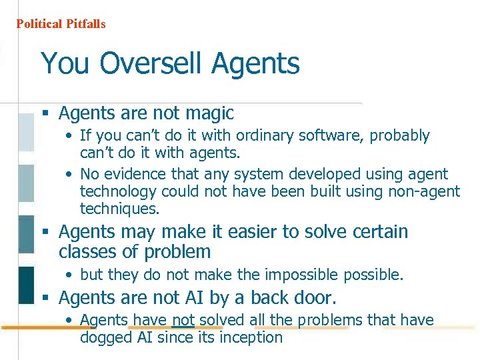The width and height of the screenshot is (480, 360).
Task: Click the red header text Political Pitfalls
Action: pyautogui.click(x=61, y=24)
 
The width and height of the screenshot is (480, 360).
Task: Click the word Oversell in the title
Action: pyautogui.click(x=152, y=64)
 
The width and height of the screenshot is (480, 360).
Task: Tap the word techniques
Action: pyautogui.click(x=119, y=209)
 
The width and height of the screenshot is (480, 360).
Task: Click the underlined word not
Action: pyautogui.click(x=183, y=321)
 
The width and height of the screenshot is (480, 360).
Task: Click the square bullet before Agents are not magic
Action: pyautogui.click(x=47, y=114)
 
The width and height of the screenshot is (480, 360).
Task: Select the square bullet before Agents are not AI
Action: pyautogui.click(x=47, y=297)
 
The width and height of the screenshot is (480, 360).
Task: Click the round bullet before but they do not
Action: pyautogui.click(x=70, y=275)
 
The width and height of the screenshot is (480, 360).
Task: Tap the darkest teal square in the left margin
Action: pyautogui.click(x=26, y=285)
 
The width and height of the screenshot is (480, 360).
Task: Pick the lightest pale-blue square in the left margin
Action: pyautogui.click(x=26, y=132)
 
